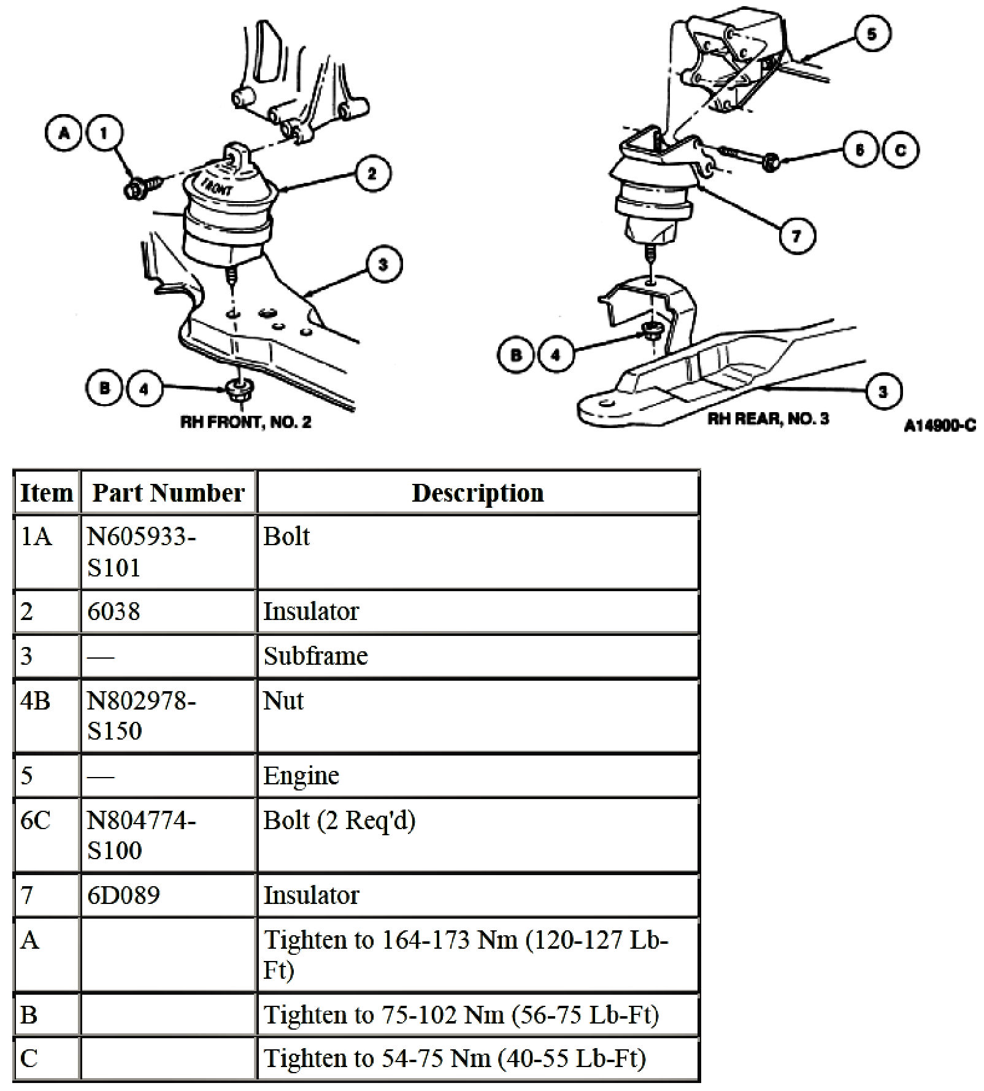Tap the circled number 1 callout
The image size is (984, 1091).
[104, 133]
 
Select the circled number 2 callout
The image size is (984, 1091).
[372, 174]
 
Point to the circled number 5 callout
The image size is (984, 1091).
[872, 34]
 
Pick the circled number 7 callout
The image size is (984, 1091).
[796, 235]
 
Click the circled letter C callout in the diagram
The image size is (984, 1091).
[900, 150]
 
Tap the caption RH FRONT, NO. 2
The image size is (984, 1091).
[245, 422]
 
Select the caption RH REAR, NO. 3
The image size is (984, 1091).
[768, 419]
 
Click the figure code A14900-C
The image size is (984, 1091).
[939, 425]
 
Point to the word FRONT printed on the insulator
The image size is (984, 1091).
[216, 183]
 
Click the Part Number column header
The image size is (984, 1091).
[168, 492]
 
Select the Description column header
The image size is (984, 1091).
[477, 492]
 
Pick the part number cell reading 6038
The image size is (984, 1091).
[113, 611]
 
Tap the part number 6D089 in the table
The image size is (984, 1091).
[123, 895]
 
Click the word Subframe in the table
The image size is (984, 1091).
[315, 656]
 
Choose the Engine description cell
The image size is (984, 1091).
[301, 775]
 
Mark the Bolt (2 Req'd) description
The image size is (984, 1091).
[339, 820]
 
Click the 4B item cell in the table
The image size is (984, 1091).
[35, 700]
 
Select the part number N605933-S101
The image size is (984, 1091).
[141, 552]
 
